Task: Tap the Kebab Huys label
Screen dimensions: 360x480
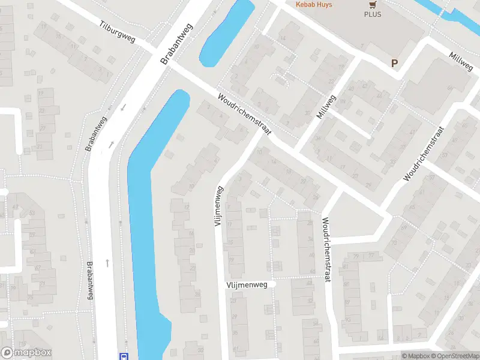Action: coord(313,4)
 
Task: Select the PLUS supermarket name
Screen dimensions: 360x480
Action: coord(372,14)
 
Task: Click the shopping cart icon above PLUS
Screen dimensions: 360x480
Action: coord(372,4)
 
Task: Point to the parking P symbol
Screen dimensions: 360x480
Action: coord(394,63)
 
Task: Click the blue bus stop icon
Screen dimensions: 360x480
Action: coord(124,356)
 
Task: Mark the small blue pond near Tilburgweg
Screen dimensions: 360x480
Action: coord(226,33)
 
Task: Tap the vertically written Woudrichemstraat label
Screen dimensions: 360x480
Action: coord(326,251)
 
